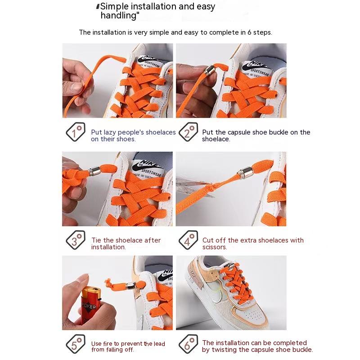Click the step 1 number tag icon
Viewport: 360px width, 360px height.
click(x=76, y=132)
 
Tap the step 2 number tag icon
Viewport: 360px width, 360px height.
click(x=188, y=132)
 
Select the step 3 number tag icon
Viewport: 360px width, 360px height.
click(x=76, y=240)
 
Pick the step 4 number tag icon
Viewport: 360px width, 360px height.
click(x=188, y=240)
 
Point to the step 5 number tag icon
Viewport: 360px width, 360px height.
click(x=76, y=344)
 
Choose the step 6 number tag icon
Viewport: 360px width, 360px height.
click(x=188, y=344)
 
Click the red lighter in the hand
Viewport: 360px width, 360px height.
click(x=90, y=303)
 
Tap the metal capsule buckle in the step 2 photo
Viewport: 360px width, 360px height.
click(x=209, y=70)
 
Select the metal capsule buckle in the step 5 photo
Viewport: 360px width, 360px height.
click(x=131, y=285)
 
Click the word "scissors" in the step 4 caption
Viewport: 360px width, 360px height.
click(x=215, y=247)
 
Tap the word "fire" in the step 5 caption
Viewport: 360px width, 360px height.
click(x=108, y=344)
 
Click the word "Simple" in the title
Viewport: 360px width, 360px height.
click(x=115, y=6)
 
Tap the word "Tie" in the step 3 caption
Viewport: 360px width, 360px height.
click(x=96, y=240)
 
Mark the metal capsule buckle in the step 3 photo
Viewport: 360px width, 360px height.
click(x=95, y=171)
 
